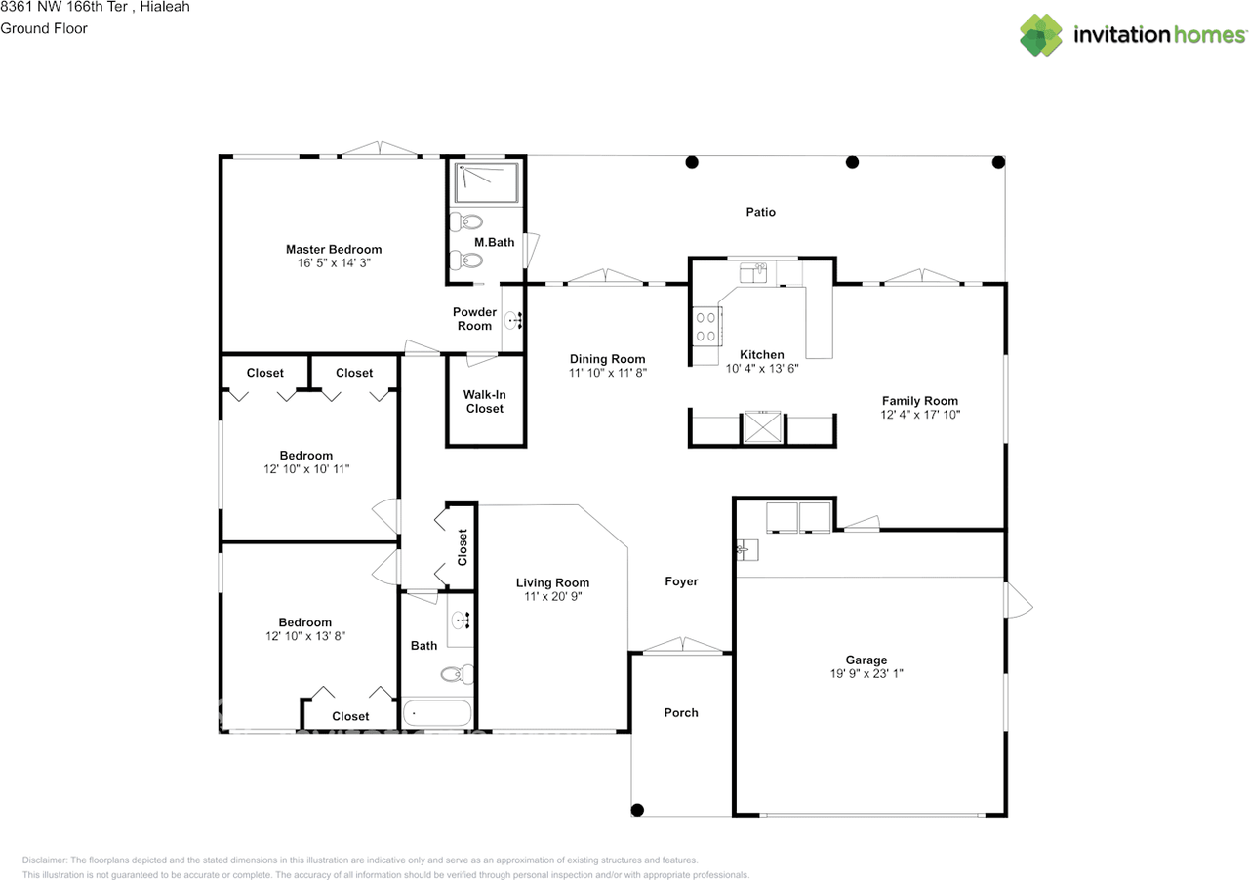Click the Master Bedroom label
(x=334, y=250)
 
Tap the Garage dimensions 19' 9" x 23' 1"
(x=866, y=674)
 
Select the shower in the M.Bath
(x=486, y=182)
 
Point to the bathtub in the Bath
(x=437, y=712)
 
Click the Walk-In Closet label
(x=485, y=402)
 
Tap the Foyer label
(x=681, y=581)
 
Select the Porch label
(x=681, y=713)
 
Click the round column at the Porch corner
(x=637, y=809)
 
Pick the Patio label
(x=760, y=212)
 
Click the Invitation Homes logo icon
(x=1041, y=35)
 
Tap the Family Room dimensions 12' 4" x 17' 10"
(x=920, y=415)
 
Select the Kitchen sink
(x=752, y=273)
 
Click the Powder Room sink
(x=513, y=321)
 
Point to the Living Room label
(x=552, y=582)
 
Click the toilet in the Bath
(x=458, y=674)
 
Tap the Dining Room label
(x=607, y=359)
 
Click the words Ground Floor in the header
(x=44, y=28)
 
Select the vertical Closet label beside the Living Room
(x=463, y=547)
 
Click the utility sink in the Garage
(x=747, y=549)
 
